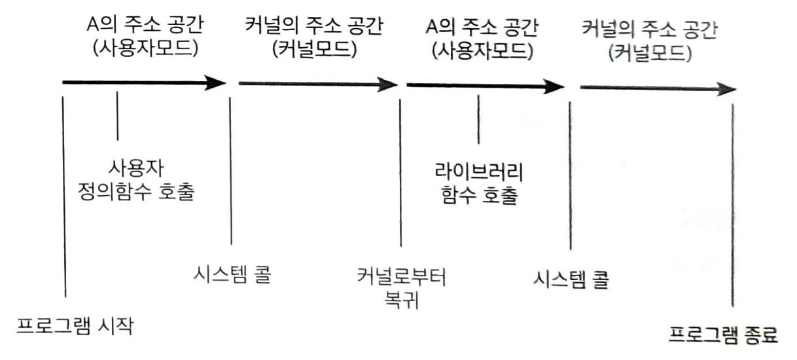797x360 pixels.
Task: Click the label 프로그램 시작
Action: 75,325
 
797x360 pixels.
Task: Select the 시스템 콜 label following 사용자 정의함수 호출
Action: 232,272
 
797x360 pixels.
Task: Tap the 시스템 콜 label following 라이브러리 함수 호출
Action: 571,280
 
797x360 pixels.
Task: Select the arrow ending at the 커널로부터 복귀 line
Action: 318,84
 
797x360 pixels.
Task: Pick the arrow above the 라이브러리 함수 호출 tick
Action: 484,85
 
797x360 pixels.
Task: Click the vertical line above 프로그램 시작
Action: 65,196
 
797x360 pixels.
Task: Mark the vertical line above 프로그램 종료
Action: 732,203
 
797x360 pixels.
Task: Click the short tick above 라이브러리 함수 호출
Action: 479,119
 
